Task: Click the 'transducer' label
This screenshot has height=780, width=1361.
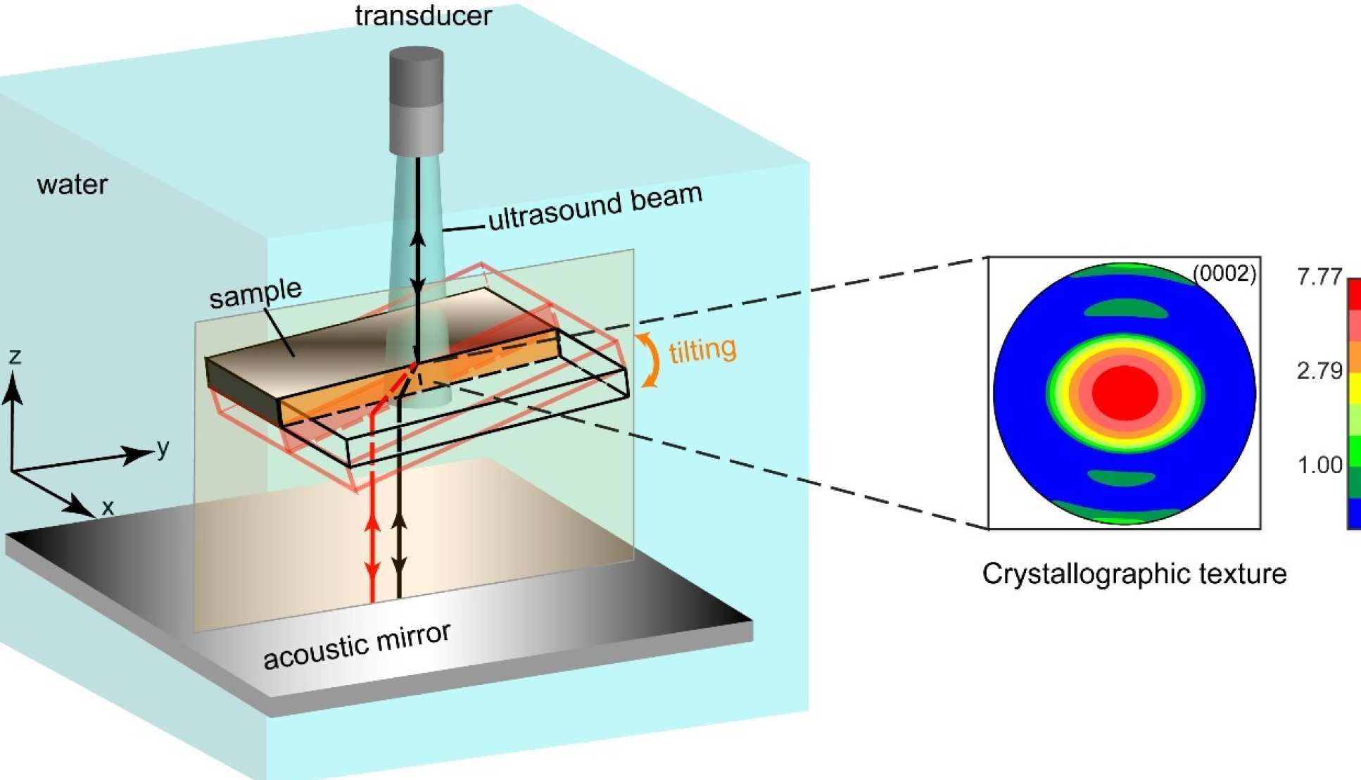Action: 423,15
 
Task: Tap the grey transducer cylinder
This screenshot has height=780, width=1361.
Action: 417,99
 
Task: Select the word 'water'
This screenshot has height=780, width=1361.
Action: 72,184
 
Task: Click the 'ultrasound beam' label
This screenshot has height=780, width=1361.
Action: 595,206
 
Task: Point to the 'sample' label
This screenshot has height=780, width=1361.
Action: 255,293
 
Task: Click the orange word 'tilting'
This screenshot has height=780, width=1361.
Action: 702,350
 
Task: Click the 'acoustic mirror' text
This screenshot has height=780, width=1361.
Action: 357,646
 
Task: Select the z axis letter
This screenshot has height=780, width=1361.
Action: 15,356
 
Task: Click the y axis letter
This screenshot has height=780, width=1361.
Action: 163,447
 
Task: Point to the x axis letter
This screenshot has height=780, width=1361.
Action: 108,507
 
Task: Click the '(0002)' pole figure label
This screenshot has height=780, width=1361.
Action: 1224,273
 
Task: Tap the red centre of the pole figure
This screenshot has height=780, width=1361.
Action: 1124,393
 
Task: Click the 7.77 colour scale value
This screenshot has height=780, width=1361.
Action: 1319,277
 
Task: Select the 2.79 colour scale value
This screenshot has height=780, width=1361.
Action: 1319,370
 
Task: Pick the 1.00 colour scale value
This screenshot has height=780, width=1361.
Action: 1319,465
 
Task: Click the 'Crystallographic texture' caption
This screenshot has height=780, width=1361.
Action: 1134,574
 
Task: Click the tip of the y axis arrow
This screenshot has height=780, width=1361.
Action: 151,451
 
